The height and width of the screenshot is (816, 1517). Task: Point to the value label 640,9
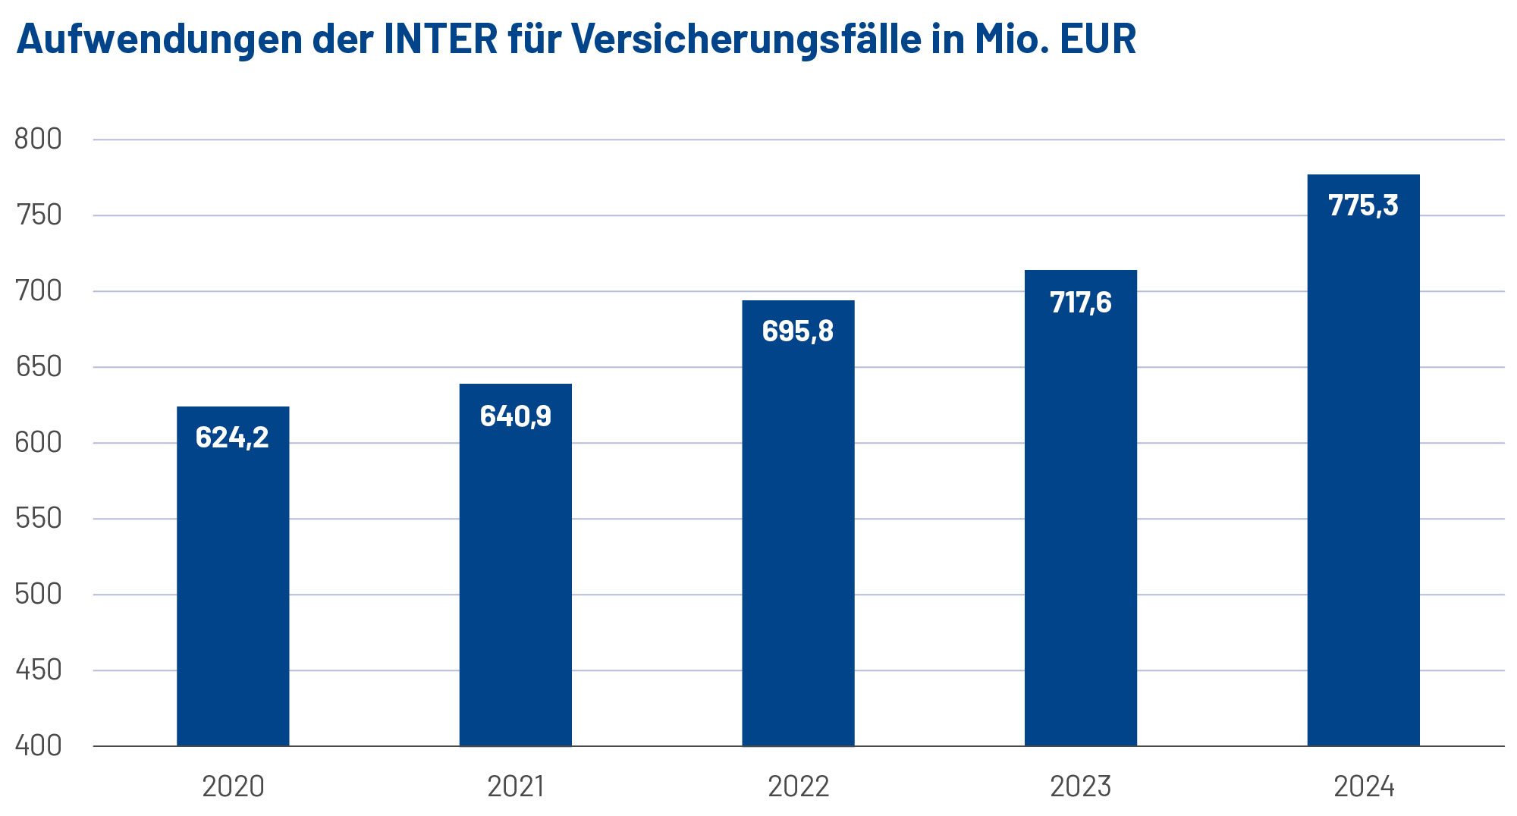[x=516, y=416]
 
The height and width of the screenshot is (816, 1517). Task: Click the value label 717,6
[x=1081, y=303]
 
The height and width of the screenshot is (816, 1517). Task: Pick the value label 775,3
[x=1363, y=206]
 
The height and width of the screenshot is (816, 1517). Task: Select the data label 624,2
[x=232, y=438]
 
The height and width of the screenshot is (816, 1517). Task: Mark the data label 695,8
[x=798, y=331]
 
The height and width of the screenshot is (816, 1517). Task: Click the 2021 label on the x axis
[x=516, y=786]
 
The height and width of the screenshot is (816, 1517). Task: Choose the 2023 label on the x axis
[x=1081, y=786]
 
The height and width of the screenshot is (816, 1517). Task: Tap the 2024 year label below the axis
[x=1364, y=786]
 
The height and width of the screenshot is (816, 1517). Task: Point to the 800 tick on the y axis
[x=38, y=140]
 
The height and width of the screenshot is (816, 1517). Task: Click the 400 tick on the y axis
[x=38, y=746]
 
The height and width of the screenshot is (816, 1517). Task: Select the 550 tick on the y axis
[x=38, y=519]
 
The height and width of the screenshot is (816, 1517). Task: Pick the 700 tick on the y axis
[x=38, y=291]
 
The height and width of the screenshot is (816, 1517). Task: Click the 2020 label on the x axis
[x=233, y=786]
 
